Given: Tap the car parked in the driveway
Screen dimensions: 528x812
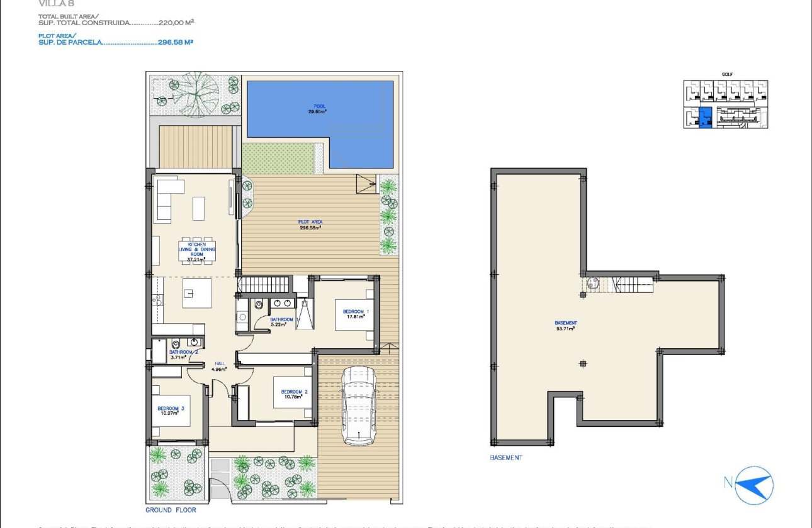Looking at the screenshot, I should coord(359,406).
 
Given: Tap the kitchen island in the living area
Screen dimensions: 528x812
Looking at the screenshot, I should coord(197,294).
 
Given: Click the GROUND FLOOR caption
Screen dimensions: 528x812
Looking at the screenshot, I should coord(171,510).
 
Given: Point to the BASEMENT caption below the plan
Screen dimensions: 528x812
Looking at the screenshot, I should coord(505,458).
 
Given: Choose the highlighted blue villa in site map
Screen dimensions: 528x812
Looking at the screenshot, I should coord(706,118).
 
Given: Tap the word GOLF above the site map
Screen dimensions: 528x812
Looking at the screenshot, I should coord(727,74).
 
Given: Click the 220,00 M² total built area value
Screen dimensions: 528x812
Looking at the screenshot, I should coord(179,22).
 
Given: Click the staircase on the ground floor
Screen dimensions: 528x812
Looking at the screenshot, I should coord(264,285).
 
